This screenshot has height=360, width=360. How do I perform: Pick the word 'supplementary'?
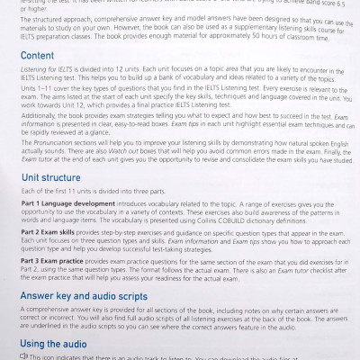coord(238,31)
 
